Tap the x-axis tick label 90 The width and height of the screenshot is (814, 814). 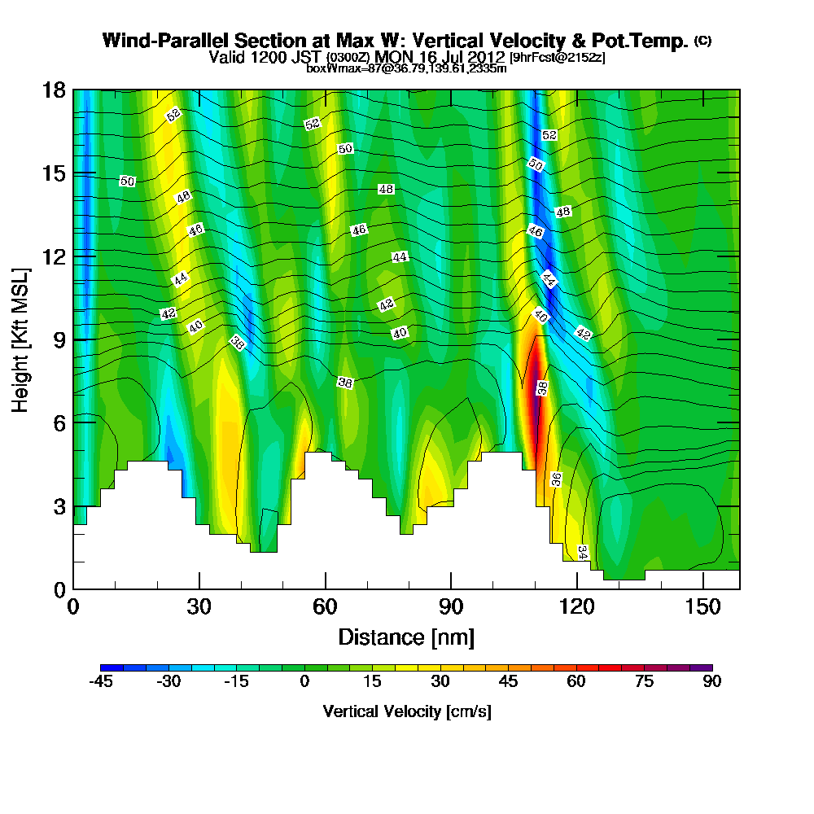pyautogui.click(x=451, y=607)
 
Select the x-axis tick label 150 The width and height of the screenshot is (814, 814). pyautogui.click(x=702, y=607)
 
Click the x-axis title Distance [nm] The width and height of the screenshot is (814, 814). pyautogui.click(x=406, y=636)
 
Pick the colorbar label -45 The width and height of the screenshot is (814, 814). pyautogui.click(x=101, y=681)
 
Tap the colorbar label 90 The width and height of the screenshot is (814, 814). pyautogui.click(x=712, y=681)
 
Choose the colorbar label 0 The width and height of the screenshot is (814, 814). pyautogui.click(x=304, y=681)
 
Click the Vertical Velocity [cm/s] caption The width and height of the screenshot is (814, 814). pyautogui.click(x=407, y=711)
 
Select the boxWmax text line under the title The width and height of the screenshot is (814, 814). pyautogui.click(x=406, y=68)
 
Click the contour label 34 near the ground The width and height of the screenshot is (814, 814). pyautogui.click(x=582, y=552)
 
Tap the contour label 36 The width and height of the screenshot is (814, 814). pyautogui.click(x=557, y=479)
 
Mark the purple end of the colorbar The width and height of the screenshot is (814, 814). pyautogui.click(x=706, y=667)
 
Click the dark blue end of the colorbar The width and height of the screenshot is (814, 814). pyautogui.click(x=107, y=667)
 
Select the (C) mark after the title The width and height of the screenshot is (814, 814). pyautogui.click(x=702, y=40)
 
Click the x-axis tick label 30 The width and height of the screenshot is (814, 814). pyautogui.click(x=199, y=607)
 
